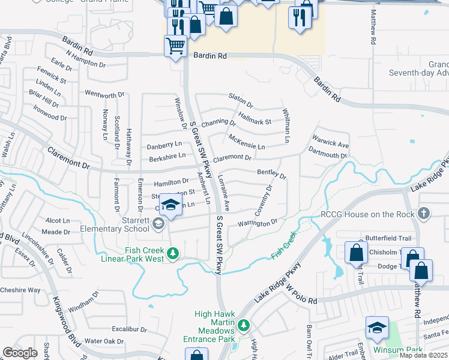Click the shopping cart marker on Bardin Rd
pyautogui.click(x=175, y=46)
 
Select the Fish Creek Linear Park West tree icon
pyautogui.click(x=173, y=254)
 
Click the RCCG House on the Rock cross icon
pyautogui.click(x=424, y=214)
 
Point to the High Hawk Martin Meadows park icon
pyautogui.click(x=243, y=325)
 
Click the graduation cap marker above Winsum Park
pyautogui.click(x=377, y=328)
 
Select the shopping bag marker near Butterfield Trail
pyautogui.click(x=357, y=253)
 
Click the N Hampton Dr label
pyautogui.click(x=86, y=58)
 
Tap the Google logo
pyautogui.click(x=20, y=353)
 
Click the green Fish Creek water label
pyautogui.click(x=284, y=247)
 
